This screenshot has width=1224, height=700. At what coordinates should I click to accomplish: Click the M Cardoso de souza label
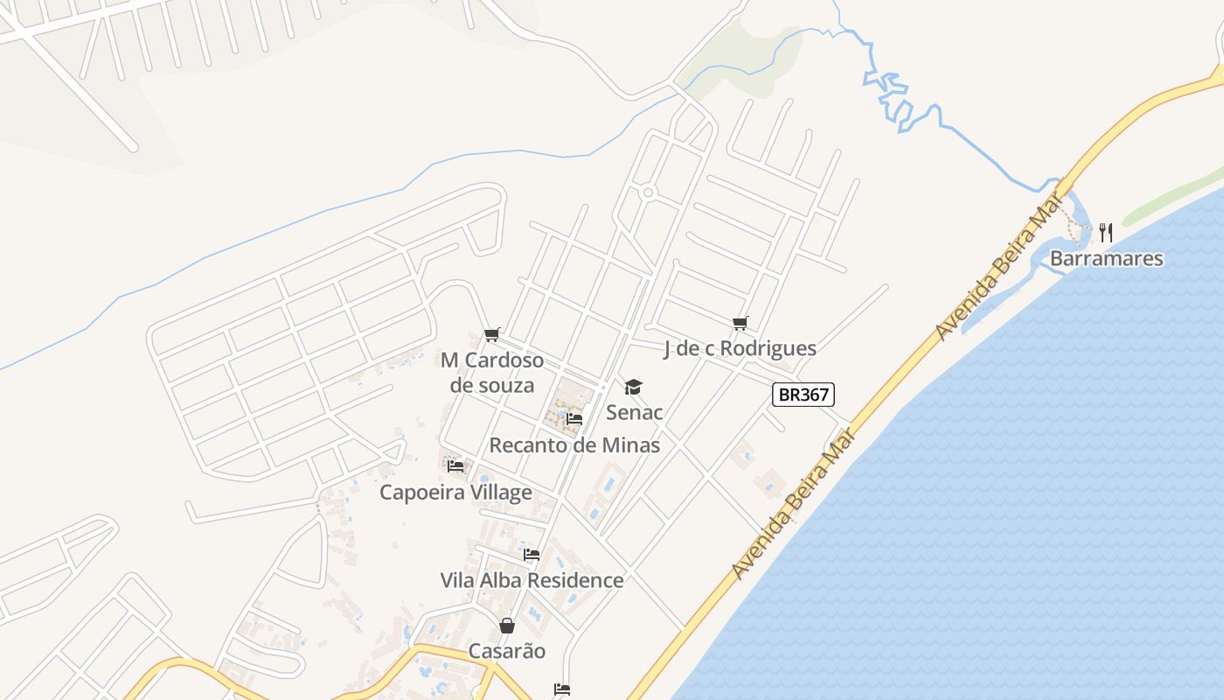point(491,372)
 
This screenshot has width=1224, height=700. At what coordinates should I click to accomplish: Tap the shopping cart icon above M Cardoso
point(491,334)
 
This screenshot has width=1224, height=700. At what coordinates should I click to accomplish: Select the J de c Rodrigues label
point(740,348)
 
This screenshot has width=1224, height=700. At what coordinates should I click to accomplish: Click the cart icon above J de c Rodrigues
point(741,323)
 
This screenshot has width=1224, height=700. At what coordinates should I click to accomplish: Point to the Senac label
point(634,411)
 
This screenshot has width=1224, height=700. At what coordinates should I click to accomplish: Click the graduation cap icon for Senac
point(633,387)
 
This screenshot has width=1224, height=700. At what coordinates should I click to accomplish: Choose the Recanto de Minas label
point(574,444)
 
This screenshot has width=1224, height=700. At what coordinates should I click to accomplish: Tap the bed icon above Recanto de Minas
point(574,419)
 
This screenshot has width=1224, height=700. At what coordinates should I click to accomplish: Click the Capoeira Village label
point(456,492)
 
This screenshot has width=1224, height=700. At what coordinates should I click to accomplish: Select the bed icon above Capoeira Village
point(456,465)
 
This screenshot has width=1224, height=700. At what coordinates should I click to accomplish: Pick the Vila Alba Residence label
point(532,579)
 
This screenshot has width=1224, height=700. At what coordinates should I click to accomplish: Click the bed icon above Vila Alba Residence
point(532,554)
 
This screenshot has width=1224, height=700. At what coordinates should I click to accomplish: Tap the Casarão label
point(507,650)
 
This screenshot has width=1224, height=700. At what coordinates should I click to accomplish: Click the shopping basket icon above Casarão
point(507,626)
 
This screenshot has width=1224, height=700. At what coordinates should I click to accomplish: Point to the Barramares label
point(1106,258)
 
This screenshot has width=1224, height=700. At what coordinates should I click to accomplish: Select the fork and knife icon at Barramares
point(1106,232)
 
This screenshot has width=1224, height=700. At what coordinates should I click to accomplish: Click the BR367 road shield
point(803,395)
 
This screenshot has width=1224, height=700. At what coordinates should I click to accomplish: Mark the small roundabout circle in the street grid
point(648,192)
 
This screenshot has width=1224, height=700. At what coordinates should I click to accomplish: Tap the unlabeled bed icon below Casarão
point(561,689)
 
